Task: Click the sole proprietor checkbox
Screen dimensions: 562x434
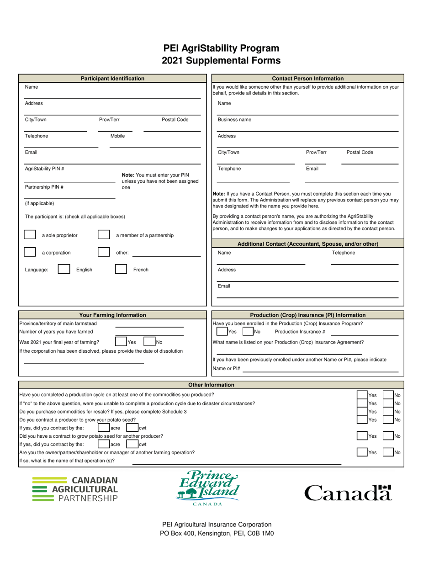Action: pyautogui.click(x=30, y=235)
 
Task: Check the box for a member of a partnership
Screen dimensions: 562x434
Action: pyautogui.click(x=104, y=235)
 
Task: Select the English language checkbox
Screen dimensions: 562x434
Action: pyautogui.click(x=64, y=269)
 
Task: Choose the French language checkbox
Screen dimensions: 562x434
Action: pyautogui.click(x=121, y=269)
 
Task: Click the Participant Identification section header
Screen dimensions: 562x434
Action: pyautogui.click(x=112, y=79)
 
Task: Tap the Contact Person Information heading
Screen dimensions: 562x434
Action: pyautogui.click(x=307, y=79)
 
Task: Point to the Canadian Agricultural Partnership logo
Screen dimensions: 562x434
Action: pyautogui.click(x=75, y=489)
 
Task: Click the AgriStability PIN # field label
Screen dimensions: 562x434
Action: pyautogui.click(x=44, y=168)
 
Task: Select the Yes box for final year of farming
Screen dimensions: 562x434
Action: pyautogui.click(x=121, y=341)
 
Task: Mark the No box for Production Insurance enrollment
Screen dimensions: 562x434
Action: pyautogui.click(x=248, y=332)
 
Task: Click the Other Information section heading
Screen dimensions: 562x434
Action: pyautogui.click(x=211, y=385)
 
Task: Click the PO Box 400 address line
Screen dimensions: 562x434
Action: pyautogui.click(x=217, y=533)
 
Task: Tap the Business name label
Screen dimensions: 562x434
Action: pyautogui.click(x=234, y=120)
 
